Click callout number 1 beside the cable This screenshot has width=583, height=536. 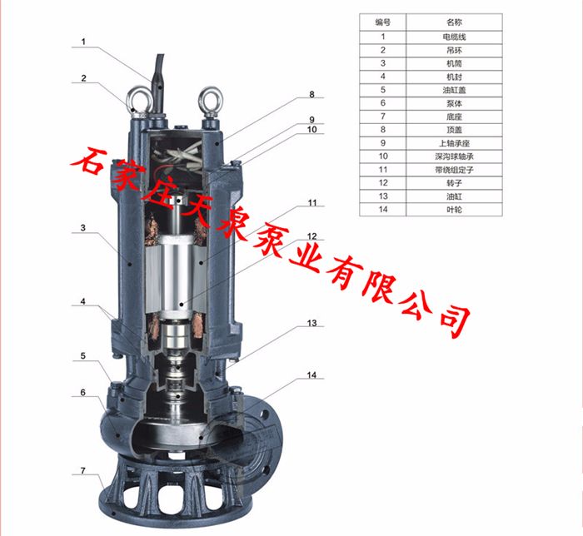click(x=84, y=40)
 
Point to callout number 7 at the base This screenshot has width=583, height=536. click(x=83, y=471)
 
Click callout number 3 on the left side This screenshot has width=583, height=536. click(x=84, y=227)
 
